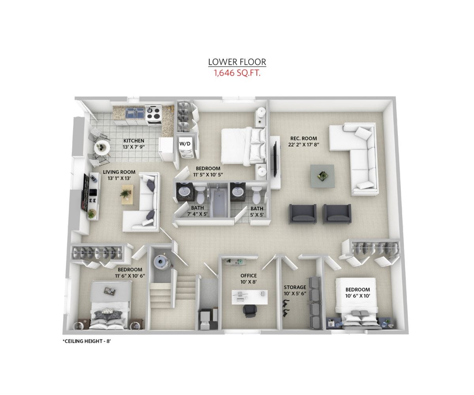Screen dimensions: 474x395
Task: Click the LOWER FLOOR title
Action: pyautogui.click(x=237, y=62)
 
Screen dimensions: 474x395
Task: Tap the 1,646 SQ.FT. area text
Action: pyautogui.click(x=237, y=73)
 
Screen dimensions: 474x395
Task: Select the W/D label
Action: pyautogui.click(x=185, y=144)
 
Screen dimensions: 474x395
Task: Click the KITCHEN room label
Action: pyautogui.click(x=134, y=141)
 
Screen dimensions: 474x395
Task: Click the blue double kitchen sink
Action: pyautogui.click(x=135, y=113)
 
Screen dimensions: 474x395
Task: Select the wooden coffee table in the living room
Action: pyautogui.click(x=127, y=195)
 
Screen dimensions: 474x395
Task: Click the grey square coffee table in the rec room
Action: pyautogui.click(x=322, y=176)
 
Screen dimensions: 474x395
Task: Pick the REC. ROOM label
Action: pyautogui.click(x=303, y=138)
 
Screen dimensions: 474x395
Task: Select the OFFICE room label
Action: pyautogui.click(x=248, y=276)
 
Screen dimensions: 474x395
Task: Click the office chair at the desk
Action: pyautogui.click(x=250, y=311)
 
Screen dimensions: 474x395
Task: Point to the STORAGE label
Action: pyautogui.click(x=295, y=287)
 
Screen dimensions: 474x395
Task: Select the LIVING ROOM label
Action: pyautogui.click(x=119, y=172)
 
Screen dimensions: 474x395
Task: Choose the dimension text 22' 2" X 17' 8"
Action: pyautogui.click(x=304, y=145)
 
